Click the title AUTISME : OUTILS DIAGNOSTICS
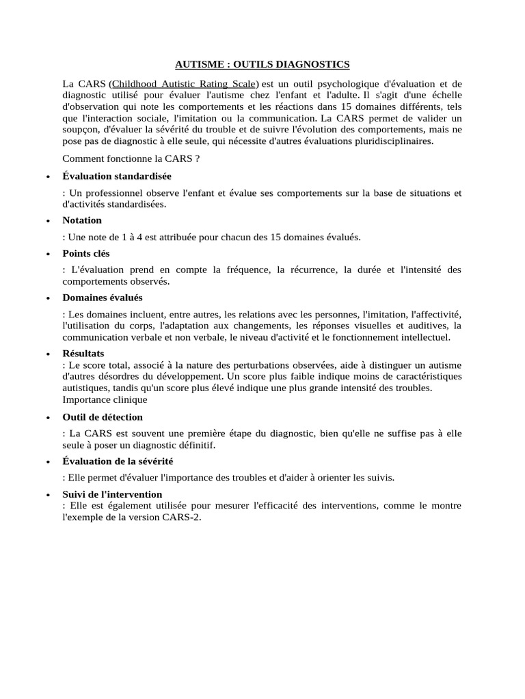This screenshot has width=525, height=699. [x=262, y=64]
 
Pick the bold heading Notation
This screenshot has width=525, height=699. [x=82, y=220]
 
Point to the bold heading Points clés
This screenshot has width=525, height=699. [x=86, y=253]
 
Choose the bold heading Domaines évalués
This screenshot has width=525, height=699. [x=103, y=298]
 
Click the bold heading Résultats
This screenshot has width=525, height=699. [x=83, y=354]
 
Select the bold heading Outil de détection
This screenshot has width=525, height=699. [x=103, y=417]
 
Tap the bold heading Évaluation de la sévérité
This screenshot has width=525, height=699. [x=118, y=461]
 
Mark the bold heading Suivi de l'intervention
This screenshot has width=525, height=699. [x=112, y=494]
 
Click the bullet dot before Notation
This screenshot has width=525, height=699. [x=47, y=221]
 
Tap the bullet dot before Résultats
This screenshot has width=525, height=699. [x=47, y=354]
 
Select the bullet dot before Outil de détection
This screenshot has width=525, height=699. [x=47, y=418]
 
